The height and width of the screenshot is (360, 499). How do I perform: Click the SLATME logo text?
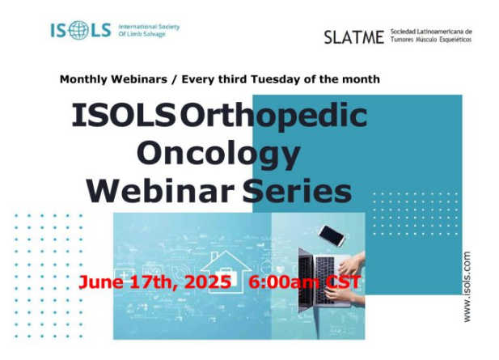click(353, 37)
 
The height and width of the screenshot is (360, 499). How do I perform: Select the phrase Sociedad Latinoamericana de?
click(430, 32)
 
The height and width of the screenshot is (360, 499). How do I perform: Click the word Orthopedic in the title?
click(273, 117)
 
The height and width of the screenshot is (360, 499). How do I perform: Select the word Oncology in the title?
click(218, 153)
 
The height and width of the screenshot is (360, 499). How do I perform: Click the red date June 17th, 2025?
click(154, 284)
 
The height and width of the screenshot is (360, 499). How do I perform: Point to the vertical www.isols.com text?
click(467, 287)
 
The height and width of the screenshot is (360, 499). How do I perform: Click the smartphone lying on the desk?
click(332, 235)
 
